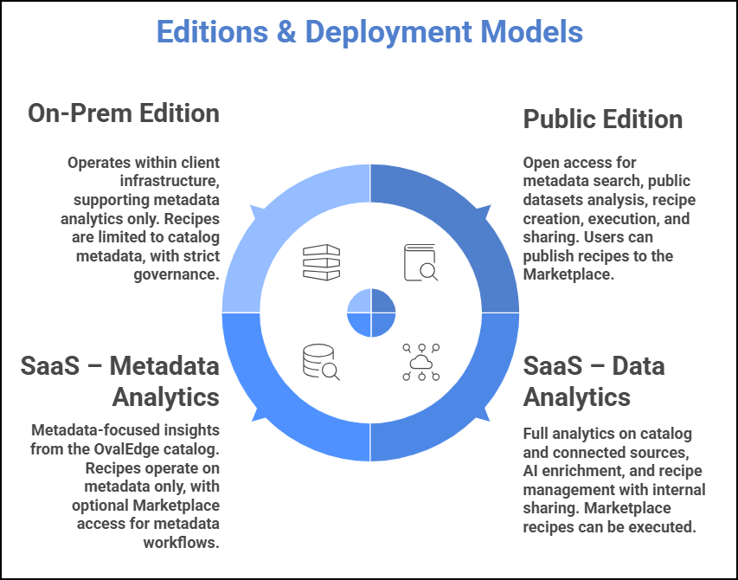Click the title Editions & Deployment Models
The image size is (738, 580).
point(369,32)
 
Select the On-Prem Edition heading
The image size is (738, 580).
point(124,113)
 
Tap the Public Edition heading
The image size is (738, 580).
point(603,119)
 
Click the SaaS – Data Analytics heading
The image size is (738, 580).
point(594,381)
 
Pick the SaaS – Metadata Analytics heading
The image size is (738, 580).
point(120,381)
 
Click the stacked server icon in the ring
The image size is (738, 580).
point(321,262)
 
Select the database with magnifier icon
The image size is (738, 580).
point(321,363)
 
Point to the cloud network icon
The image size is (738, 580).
point(420,363)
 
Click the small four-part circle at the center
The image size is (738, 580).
point(371,313)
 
